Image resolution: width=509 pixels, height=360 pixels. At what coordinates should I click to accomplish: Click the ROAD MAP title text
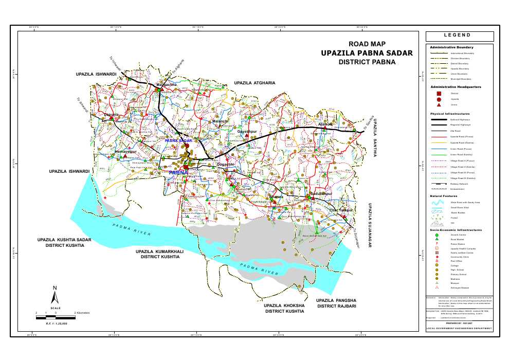(367, 44)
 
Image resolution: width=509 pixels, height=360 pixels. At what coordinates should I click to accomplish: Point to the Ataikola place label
(326, 124)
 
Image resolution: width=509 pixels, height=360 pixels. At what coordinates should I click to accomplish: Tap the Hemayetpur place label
(125, 152)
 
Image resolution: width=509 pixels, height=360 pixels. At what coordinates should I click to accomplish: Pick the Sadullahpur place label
(322, 193)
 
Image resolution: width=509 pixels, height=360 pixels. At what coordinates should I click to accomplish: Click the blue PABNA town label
(178, 173)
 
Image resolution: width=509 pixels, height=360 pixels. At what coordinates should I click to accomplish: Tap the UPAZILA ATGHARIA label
(254, 83)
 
